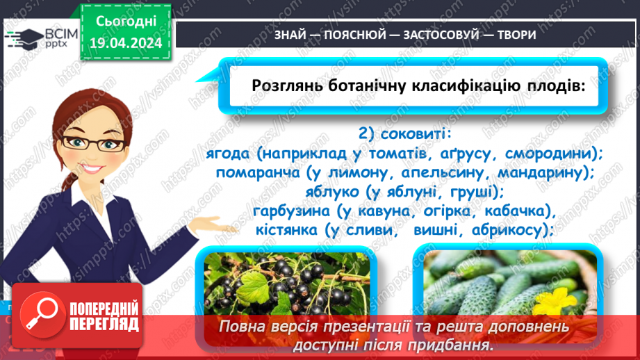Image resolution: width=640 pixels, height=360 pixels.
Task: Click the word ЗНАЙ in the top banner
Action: pos(269,34)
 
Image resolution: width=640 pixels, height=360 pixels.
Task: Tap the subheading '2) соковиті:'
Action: pos(404,133)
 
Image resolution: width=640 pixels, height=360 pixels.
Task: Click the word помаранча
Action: pos(259,172)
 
